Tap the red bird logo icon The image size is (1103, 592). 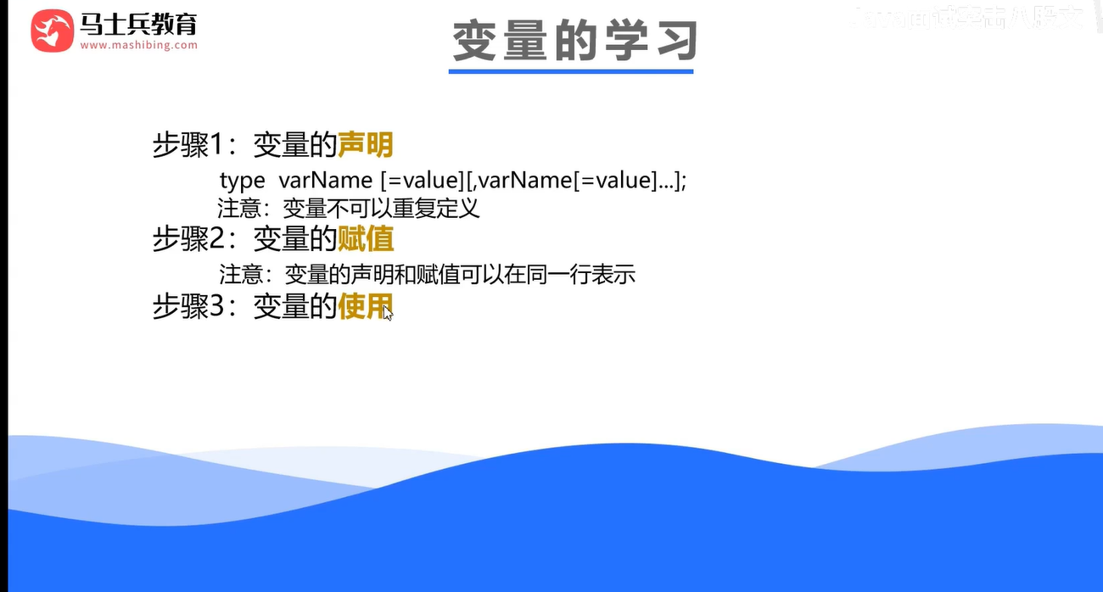[52, 31]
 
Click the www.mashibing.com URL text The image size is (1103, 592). [139, 45]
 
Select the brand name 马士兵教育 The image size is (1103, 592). [138, 24]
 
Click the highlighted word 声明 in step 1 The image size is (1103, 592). [366, 145]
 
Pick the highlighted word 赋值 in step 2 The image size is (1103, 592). [366, 239]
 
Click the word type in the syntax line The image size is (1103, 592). [242, 181]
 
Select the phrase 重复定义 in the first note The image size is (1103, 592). [449, 208]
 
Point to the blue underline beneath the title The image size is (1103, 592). [570, 71]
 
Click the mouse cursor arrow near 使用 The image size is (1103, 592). [388, 313]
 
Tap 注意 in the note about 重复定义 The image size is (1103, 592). [240, 208]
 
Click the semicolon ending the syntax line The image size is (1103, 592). [683, 182]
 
